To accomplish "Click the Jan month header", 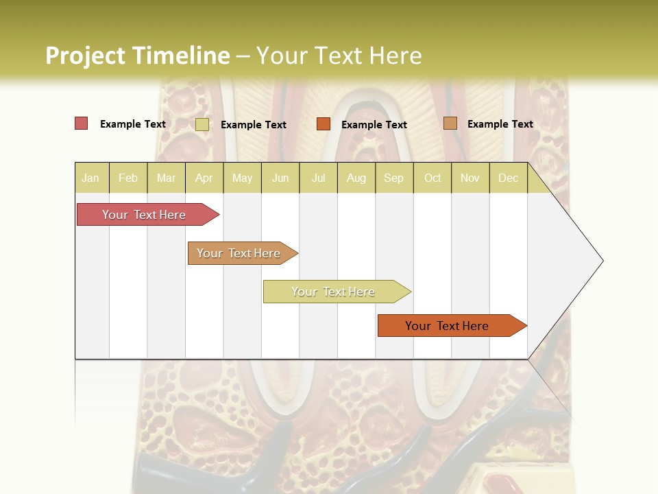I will [x=90, y=178].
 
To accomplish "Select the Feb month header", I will [x=128, y=178].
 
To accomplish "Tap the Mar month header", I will [x=166, y=178].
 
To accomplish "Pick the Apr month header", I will [x=204, y=178].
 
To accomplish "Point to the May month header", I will [x=242, y=178].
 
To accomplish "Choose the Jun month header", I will [x=280, y=178].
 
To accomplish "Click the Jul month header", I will [x=318, y=178].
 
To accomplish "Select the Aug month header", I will [x=356, y=178].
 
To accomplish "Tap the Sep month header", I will [x=394, y=178].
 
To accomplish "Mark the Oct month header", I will [x=432, y=178].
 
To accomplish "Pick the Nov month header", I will [x=470, y=178].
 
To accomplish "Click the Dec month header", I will [x=509, y=178].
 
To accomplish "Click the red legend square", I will [x=82, y=123].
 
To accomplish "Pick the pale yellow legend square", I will [x=202, y=124].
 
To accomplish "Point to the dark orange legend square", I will [x=324, y=123].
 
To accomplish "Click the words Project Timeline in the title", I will [x=137, y=56].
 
